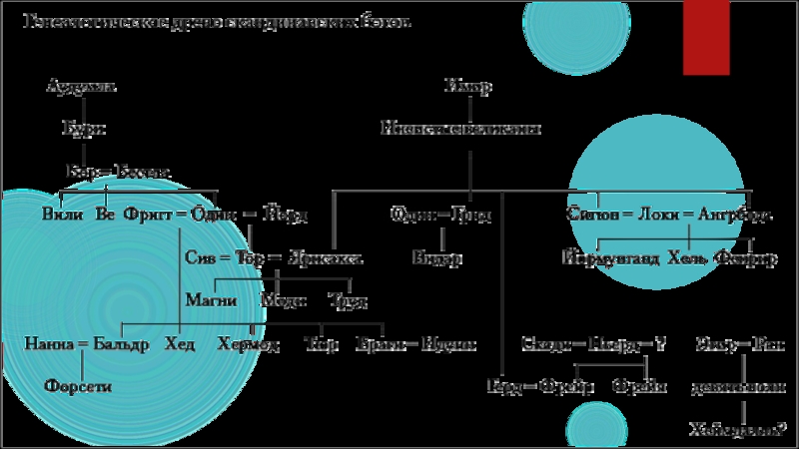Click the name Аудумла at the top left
(x=82, y=87)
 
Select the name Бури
(x=83, y=129)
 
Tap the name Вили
(x=62, y=215)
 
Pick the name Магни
(x=209, y=299)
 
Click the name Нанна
(x=49, y=344)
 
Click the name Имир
(x=468, y=87)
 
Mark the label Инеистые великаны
(x=461, y=129)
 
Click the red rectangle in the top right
(x=709, y=37)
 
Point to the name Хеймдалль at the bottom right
(x=733, y=430)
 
